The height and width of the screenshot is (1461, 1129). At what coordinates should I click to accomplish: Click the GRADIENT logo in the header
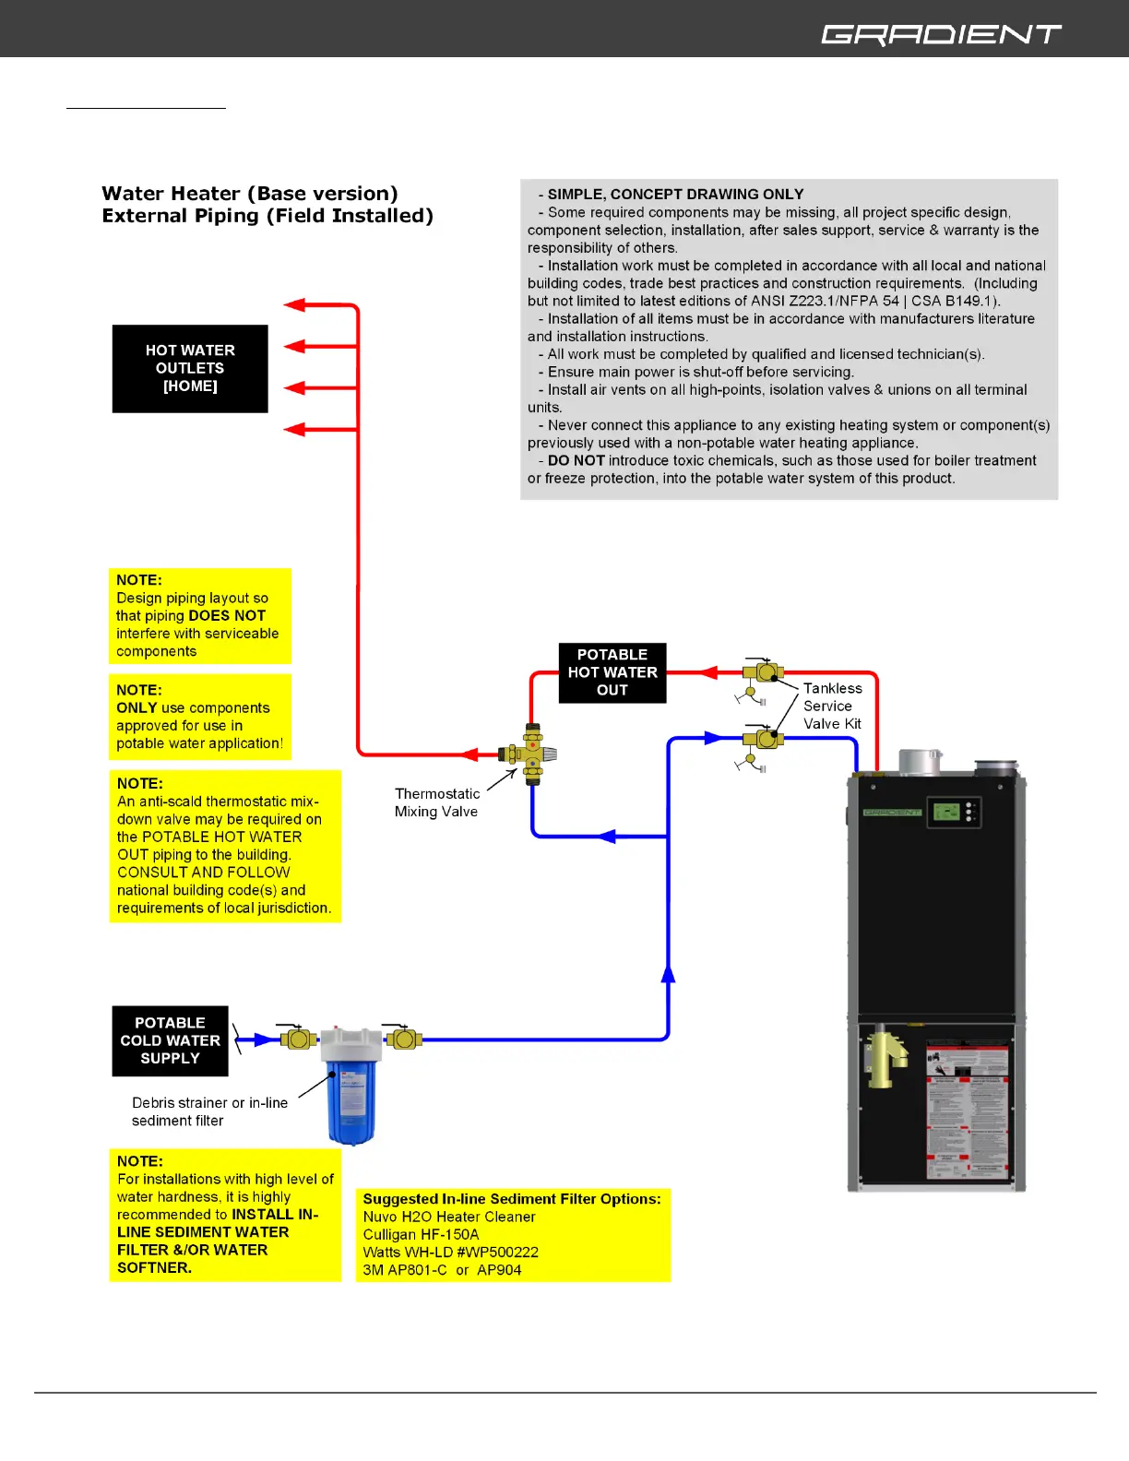click(941, 34)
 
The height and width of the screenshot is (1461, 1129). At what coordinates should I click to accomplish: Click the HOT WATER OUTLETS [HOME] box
click(190, 368)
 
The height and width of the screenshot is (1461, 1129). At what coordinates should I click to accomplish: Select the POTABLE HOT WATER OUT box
click(612, 672)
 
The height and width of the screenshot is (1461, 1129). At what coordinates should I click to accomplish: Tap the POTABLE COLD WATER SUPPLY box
click(170, 1040)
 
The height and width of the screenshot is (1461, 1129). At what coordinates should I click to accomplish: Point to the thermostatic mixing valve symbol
click(532, 754)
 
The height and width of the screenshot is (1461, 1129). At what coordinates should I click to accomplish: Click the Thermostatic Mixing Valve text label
click(436, 802)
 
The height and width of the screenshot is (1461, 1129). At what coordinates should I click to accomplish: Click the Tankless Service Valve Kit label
click(832, 706)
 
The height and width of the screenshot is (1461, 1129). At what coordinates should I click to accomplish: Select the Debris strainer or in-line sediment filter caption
click(209, 1111)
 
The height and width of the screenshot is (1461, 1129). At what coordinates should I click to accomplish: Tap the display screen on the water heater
click(947, 812)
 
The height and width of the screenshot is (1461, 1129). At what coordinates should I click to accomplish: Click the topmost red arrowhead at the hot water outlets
click(295, 304)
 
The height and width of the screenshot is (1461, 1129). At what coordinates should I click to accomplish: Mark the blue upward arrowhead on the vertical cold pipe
click(668, 973)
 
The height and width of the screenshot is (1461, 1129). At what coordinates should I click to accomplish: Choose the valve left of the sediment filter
click(297, 1039)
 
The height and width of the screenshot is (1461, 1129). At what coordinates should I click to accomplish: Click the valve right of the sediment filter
click(403, 1039)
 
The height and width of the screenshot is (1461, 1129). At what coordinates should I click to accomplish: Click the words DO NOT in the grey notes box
click(576, 460)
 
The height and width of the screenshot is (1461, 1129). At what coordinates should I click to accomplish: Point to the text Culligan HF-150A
click(421, 1234)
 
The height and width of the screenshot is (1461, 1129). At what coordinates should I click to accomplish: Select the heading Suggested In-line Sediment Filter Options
click(512, 1199)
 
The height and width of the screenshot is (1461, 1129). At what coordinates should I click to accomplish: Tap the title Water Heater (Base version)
click(250, 194)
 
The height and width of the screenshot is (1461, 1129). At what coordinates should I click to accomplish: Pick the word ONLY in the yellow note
click(137, 707)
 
